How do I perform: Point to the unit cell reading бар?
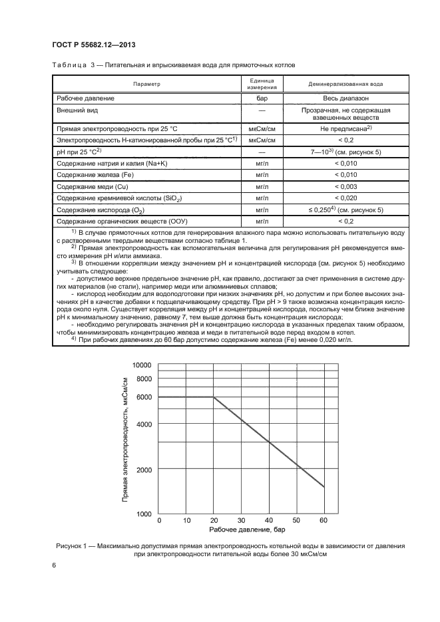pos(262,98)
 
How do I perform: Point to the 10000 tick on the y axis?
pos(142,365)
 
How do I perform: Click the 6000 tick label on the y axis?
pos(144,397)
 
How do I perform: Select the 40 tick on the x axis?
pos(269,520)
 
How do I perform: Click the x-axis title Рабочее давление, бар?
pos(241,530)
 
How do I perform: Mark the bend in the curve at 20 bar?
pos(214,397)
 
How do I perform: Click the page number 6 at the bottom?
pos(53,565)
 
